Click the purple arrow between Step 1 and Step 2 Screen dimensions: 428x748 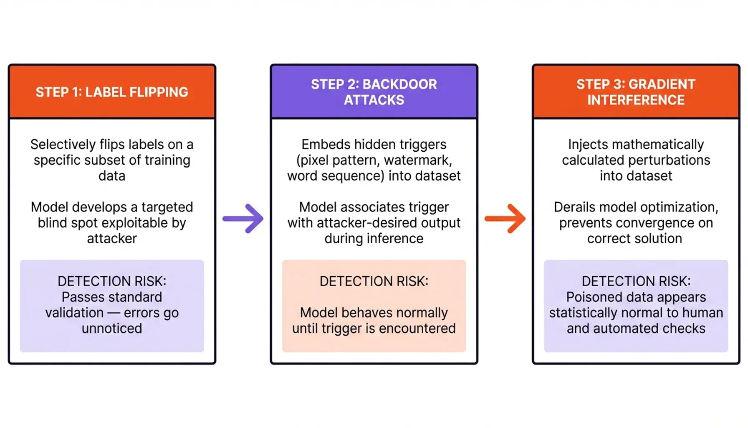pos(243,218)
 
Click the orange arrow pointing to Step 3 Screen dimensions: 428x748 pos(505,218)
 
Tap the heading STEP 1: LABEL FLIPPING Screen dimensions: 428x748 pos(112,92)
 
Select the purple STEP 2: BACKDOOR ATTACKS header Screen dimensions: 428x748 pos(374,92)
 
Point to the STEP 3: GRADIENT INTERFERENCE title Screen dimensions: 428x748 pos(636,92)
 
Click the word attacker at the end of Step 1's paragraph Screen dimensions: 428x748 pos(112,239)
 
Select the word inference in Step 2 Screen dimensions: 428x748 pos(394,239)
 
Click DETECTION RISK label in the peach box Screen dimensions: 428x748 pos(374,281)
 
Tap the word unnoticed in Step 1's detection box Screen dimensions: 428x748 pos(112,329)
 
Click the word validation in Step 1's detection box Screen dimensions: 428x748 pos(75,313)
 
